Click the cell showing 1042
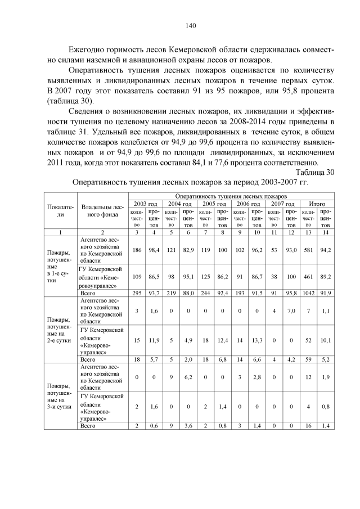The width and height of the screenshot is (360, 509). [309, 293]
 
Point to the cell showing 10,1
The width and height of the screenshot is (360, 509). [325, 340]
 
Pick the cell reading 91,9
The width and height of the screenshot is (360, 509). [325, 293]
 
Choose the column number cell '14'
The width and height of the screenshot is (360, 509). [325, 231]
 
